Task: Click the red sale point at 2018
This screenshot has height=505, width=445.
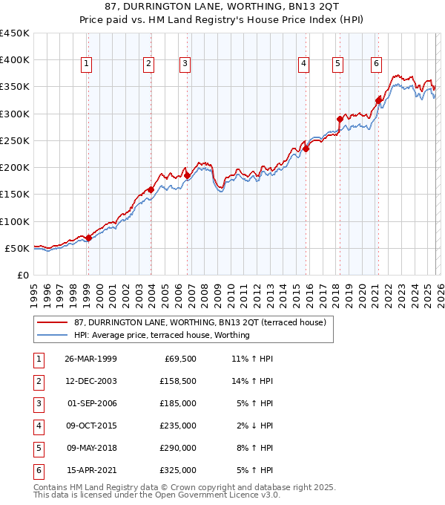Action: coord(340,119)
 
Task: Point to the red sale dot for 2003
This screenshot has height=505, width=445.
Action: coord(151,189)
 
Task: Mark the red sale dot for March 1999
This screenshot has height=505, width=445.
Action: coord(88,238)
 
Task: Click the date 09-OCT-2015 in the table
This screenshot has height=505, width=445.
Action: coord(90,426)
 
